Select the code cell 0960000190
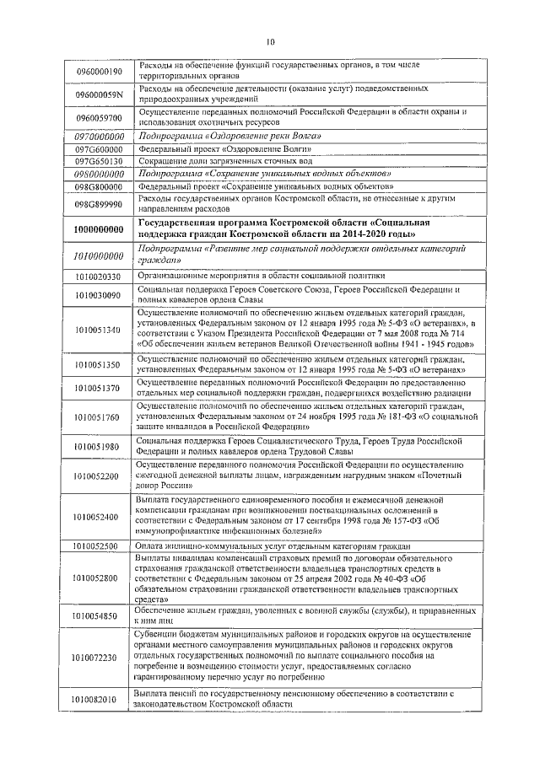point(98,72)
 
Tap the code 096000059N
point(99,94)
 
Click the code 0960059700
point(98,118)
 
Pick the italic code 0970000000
point(99,136)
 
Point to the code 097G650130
point(99,160)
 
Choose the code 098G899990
point(99,203)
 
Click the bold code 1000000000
point(99,228)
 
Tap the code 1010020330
point(99,276)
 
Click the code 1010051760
point(98,416)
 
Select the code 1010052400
point(98,517)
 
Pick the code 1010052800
point(98,578)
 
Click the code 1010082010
point(98,699)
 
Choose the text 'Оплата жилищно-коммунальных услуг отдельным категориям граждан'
point(272,546)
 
